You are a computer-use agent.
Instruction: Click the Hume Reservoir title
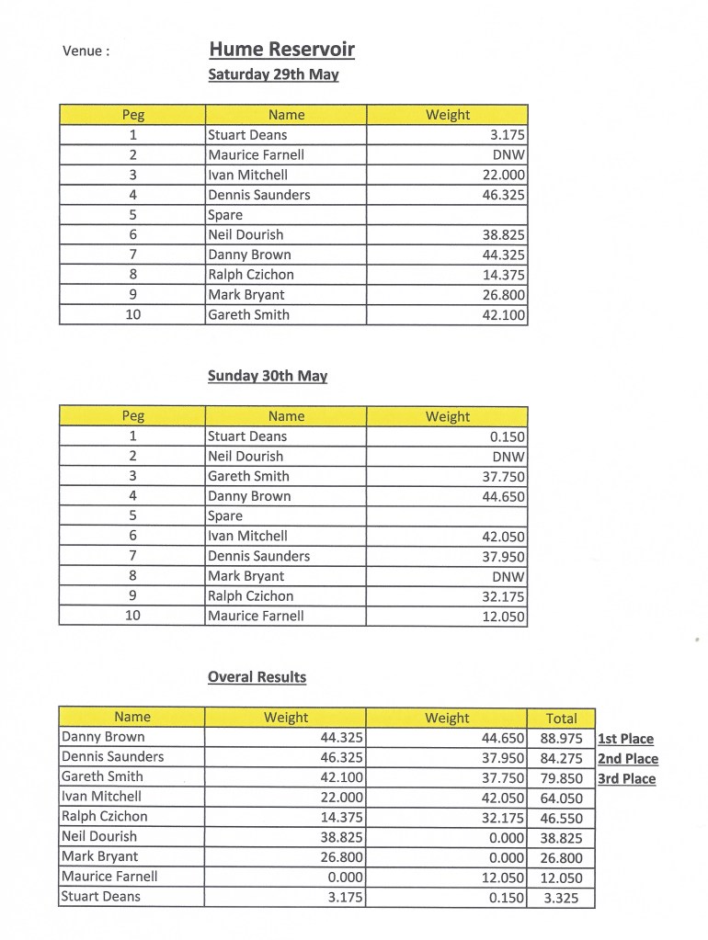281,50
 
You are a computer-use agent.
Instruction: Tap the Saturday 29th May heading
273,74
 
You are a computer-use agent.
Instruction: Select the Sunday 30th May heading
268,376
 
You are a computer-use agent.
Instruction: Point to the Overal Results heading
257,677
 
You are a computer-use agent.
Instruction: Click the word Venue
86,51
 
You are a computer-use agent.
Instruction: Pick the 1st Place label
625,739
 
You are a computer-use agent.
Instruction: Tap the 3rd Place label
626,779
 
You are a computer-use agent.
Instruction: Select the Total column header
561,719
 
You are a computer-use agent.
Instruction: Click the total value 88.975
561,738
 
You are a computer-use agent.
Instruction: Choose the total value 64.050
561,798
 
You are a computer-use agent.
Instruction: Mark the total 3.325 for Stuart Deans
561,898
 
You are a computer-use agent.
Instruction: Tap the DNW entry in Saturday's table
508,155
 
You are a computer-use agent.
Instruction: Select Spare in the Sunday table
225,516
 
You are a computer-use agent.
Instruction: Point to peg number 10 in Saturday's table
133,315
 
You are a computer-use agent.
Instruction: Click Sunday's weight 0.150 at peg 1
508,437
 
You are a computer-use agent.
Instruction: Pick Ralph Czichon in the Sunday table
251,596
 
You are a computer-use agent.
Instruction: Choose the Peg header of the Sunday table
133,416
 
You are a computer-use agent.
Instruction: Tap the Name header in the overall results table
132,717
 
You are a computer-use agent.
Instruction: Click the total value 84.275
561,758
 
